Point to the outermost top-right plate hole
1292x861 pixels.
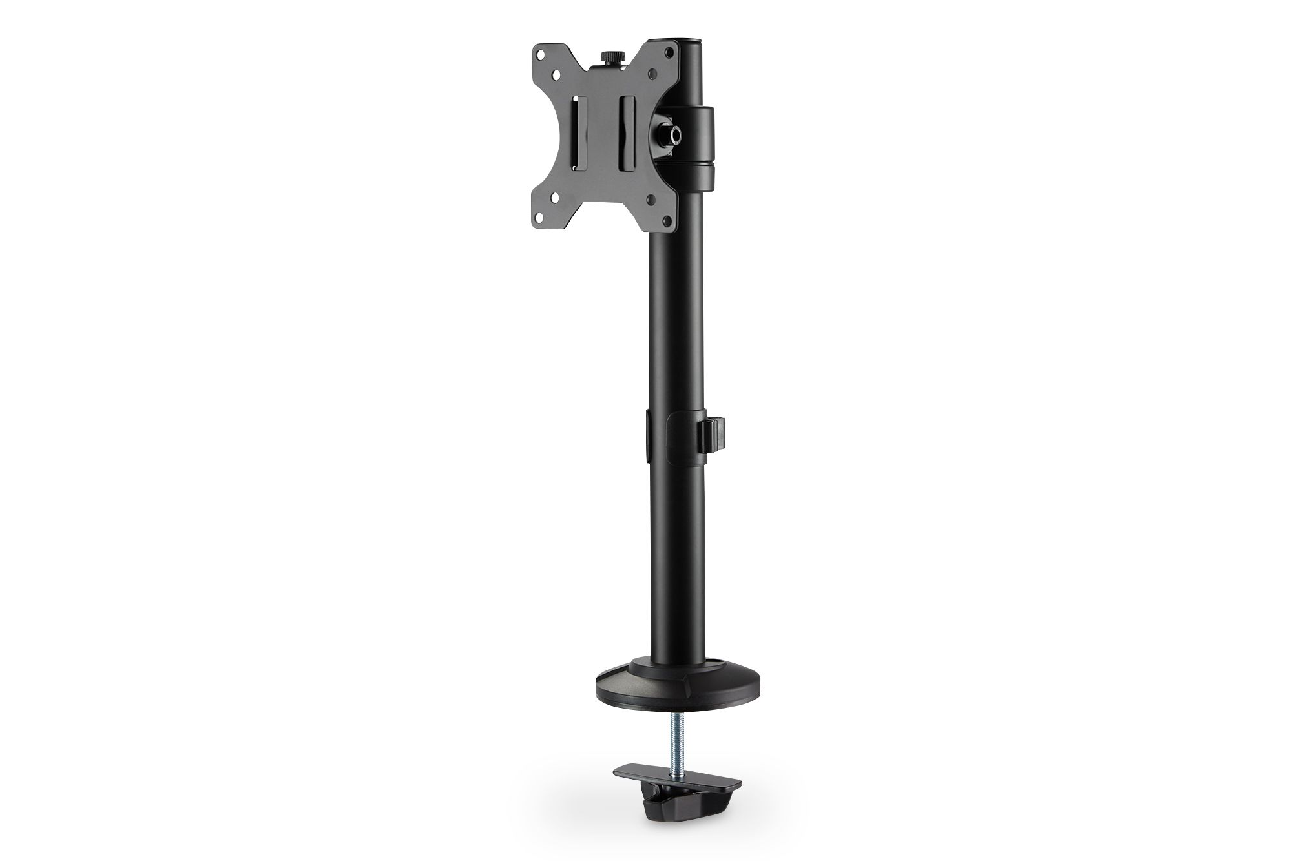pyautogui.click(x=670, y=52)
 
